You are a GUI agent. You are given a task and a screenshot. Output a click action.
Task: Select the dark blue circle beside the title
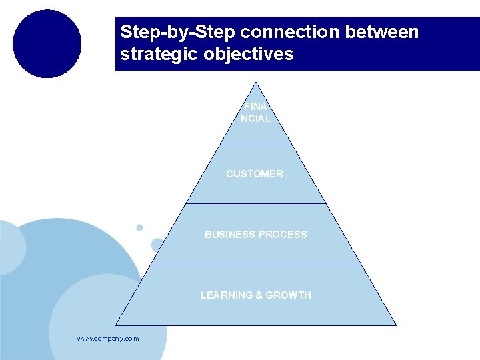47,44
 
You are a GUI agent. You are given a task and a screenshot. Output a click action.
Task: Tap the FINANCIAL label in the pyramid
256,113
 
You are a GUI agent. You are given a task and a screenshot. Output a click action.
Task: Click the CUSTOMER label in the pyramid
255,174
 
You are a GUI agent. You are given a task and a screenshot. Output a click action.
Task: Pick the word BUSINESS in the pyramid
229,235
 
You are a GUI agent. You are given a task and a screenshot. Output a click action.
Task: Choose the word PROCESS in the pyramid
282,235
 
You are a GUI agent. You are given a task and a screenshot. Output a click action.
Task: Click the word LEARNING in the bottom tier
226,295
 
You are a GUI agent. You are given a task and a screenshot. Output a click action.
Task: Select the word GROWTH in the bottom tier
288,295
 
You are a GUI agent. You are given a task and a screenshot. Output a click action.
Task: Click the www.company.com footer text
108,339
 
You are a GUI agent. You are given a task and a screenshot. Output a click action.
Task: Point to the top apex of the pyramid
256,83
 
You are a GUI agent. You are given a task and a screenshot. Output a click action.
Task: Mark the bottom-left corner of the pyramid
116,325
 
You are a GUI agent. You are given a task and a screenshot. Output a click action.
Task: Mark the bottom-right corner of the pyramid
396,325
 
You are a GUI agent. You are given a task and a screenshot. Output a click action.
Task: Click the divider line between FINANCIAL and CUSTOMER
256,143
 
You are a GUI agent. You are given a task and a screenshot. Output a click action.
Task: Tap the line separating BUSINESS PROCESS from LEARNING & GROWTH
256,265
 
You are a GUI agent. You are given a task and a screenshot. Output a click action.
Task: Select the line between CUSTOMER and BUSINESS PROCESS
256,203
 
